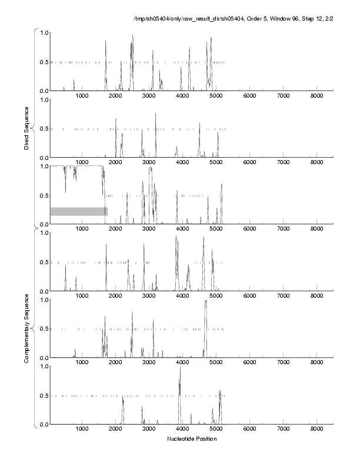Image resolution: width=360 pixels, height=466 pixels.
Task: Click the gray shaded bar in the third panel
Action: pyautogui.click(x=79, y=211)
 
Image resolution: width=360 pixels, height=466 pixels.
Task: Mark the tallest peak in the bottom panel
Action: pyautogui.click(x=180, y=368)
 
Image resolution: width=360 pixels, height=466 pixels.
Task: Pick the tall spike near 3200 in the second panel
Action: pyautogui.click(x=155, y=114)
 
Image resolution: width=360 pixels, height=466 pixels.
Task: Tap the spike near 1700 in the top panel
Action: pyautogui.click(x=106, y=41)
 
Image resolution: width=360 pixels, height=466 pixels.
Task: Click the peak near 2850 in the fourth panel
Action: pyautogui.click(x=144, y=244)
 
